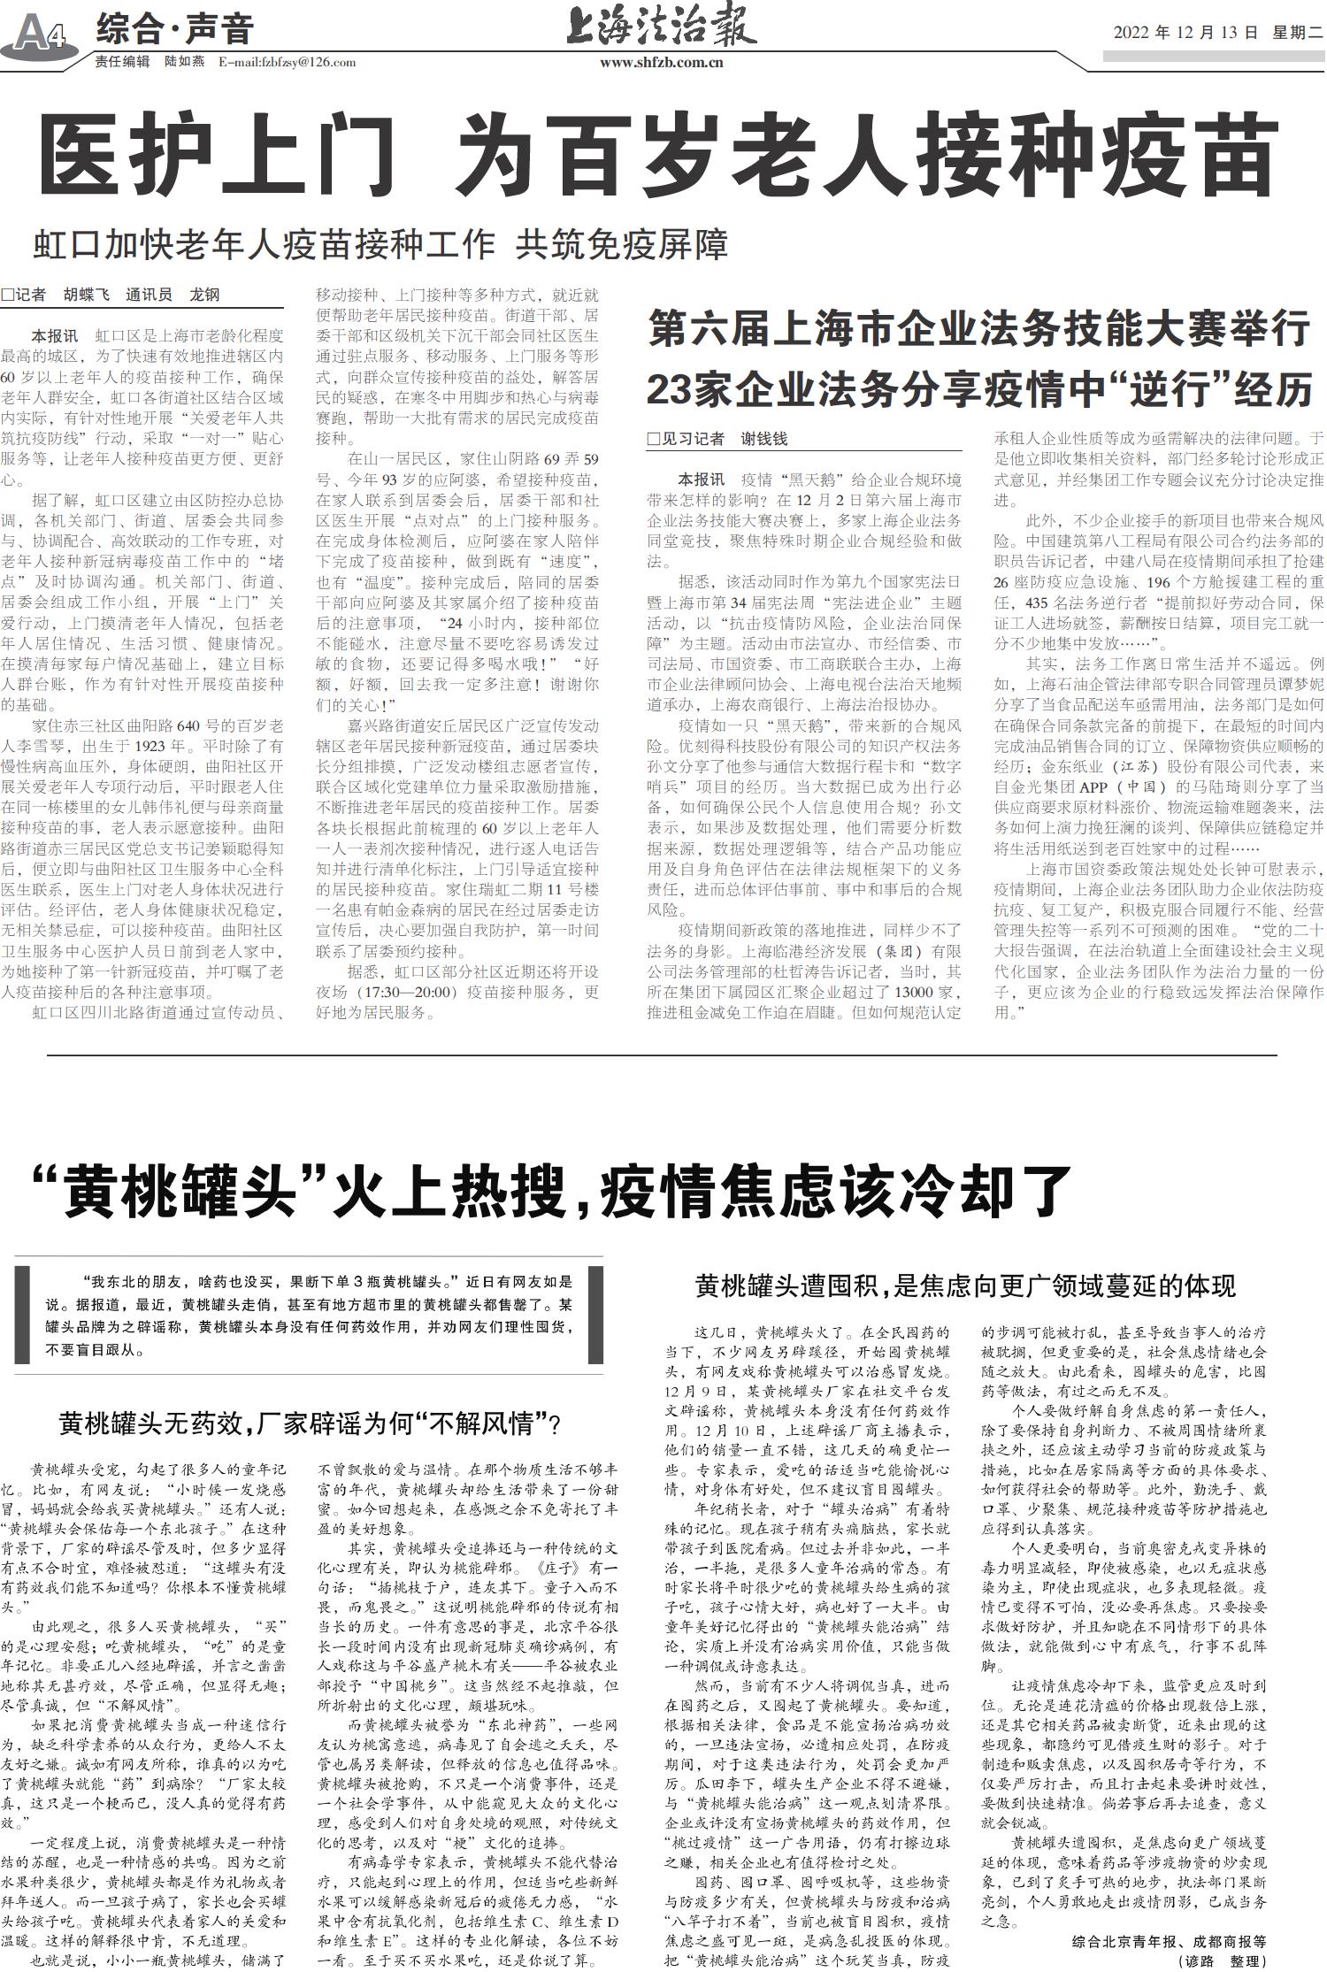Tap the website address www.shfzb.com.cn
coord(661,63)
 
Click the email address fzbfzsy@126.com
coord(287,63)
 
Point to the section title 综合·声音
coord(174,30)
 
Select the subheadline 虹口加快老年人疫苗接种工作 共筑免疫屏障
coord(380,244)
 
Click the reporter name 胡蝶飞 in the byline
coord(86,295)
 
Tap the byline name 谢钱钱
coord(763,438)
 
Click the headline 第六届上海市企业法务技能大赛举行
coord(978,329)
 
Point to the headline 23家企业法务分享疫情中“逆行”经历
coord(978,388)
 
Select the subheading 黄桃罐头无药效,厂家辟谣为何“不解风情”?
coord(311,1423)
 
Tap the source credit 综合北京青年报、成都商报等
coord(1168,1942)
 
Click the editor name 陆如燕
coord(184,63)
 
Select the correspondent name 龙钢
coord(204,295)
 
